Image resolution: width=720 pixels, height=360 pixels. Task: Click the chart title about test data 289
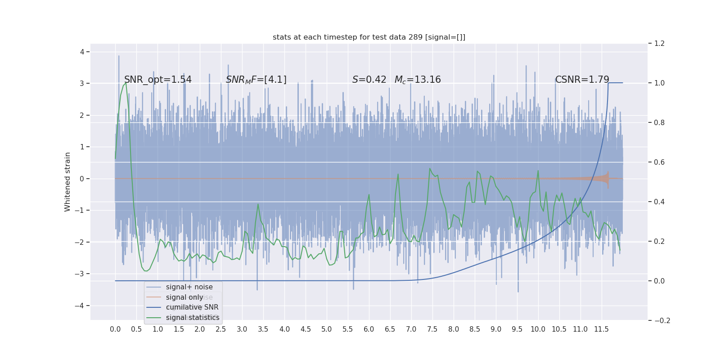click(x=369, y=37)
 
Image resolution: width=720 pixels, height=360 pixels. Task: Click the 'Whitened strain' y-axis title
click(x=67, y=182)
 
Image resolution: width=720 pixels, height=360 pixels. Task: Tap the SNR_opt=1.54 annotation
click(x=158, y=80)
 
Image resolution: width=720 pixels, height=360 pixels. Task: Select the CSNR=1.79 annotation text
click(x=582, y=80)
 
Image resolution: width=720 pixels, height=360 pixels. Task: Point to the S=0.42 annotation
click(x=369, y=80)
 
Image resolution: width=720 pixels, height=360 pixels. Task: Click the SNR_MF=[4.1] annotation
click(x=256, y=80)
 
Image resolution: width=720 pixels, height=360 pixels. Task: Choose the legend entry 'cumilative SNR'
click(x=192, y=307)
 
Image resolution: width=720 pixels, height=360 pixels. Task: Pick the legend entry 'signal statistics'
click(x=193, y=318)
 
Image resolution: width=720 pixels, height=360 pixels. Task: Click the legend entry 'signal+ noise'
click(x=189, y=287)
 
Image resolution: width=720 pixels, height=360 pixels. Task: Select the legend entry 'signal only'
click(x=184, y=297)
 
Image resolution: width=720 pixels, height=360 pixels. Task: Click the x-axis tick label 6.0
click(x=369, y=329)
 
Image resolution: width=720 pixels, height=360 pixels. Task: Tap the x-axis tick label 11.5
click(x=601, y=329)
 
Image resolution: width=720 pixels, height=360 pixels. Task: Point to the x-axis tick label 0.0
click(x=115, y=329)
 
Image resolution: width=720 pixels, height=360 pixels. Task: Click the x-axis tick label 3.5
click(x=263, y=329)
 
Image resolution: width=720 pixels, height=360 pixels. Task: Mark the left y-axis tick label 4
click(x=82, y=52)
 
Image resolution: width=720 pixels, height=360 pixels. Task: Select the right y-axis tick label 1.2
click(x=659, y=44)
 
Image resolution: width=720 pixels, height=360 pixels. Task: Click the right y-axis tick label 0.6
click(x=659, y=162)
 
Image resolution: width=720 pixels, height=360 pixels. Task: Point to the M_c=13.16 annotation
click(x=418, y=80)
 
